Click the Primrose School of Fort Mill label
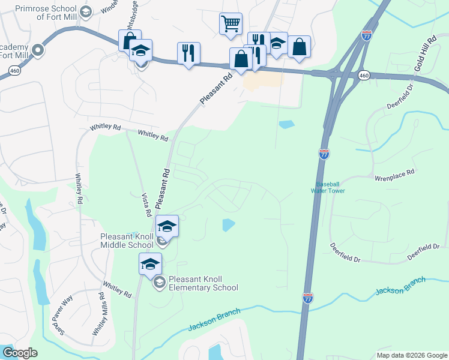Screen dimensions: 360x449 (x=47, y=13)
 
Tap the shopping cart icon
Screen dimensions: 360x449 (x=231, y=24)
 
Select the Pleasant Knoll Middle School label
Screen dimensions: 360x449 (x=127, y=241)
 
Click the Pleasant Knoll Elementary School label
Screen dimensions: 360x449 (x=203, y=283)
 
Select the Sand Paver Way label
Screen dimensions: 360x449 (x=59, y=317)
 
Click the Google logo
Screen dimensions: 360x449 (x=20, y=353)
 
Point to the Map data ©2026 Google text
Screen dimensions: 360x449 (x=411, y=355)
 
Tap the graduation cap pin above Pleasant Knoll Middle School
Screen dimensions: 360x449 (x=167, y=226)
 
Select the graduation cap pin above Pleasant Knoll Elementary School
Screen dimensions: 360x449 (x=151, y=263)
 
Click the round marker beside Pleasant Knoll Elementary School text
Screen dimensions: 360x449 (x=159, y=282)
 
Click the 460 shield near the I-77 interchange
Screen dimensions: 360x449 (x=364, y=76)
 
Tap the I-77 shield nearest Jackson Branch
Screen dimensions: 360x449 (x=307, y=298)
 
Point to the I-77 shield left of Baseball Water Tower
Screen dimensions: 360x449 (x=324, y=154)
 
